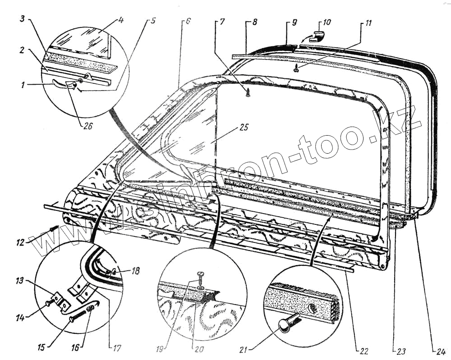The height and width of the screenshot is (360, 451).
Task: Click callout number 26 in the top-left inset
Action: point(87,127)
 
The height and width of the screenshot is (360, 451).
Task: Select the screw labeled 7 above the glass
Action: point(248,93)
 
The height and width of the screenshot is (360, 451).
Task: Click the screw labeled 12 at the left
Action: point(53,229)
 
